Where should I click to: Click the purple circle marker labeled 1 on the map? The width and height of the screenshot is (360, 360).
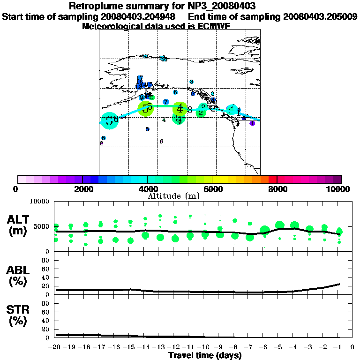tap(252, 123)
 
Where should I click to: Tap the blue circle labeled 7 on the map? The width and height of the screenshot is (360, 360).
tap(165, 102)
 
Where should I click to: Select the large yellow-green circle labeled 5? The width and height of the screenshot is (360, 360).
tap(147, 108)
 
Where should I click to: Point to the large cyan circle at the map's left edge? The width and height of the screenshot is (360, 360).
tap(109, 120)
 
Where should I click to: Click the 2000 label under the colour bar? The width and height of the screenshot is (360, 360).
tap(82, 189)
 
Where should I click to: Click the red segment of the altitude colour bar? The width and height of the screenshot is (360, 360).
tap(273, 179)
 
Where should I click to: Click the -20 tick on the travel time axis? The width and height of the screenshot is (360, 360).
tap(55, 347)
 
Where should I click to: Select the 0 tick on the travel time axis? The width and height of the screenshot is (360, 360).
tap(352, 347)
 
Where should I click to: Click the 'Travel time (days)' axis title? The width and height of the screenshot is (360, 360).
tap(205, 355)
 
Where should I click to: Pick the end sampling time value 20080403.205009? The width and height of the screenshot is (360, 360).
tap(320, 17)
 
